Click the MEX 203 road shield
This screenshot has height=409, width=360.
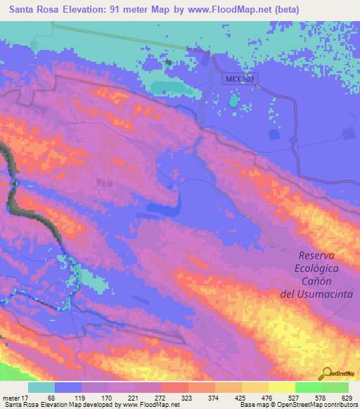pyautogui.click(x=240, y=79)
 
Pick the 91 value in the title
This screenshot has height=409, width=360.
pyautogui.click(x=124, y=10)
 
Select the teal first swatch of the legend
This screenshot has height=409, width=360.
pyautogui.click(x=41, y=387)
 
